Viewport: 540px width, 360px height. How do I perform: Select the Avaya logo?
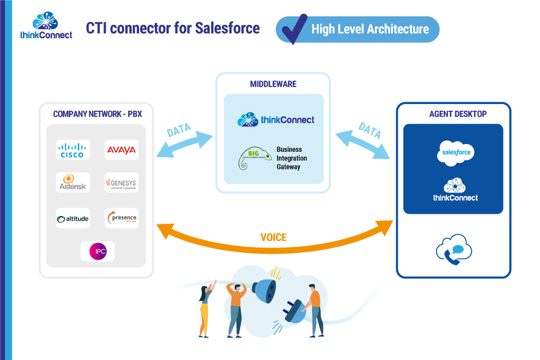[x=121, y=149]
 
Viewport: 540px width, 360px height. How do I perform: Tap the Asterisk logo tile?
[x=73, y=182]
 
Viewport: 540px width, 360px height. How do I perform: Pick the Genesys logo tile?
[x=121, y=182]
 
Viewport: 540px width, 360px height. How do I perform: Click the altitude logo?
[x=73, y=218]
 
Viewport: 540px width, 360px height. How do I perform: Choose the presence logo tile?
[x=121, y=218]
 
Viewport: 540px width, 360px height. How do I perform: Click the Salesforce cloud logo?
[x=455, y=153]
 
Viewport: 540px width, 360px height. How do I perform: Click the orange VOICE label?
[x=273, y=238]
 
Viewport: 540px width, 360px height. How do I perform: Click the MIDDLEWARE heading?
[x=273, y=84]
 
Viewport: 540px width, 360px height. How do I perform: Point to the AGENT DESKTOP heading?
[x=454, y=114]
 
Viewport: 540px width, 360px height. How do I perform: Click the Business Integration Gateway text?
[x=291, y=158]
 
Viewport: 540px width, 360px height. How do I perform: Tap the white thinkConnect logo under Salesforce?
[x=455, y=190]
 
